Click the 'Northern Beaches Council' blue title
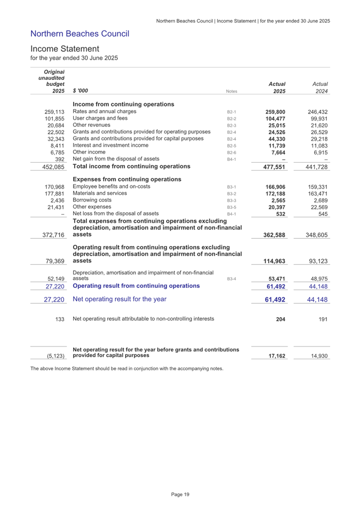(x=80, y=34)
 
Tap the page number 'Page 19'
(x=180, y=495)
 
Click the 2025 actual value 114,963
(x=273, y=261)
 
